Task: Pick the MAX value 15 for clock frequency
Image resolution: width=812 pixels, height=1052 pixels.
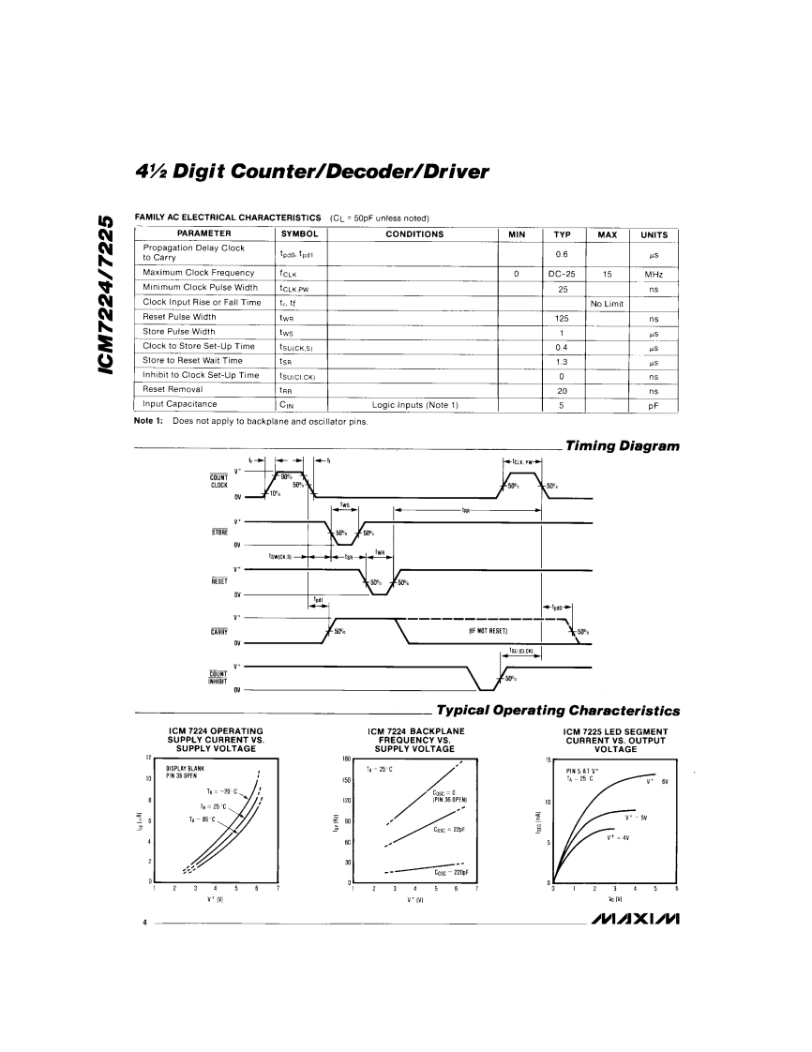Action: tap(607, 274)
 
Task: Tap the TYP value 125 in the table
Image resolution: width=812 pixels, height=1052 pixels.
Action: tap(563, 317)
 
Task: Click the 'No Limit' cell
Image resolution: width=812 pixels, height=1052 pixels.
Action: tap(607, 303)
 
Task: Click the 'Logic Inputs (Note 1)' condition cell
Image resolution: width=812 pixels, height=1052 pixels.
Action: tap(414, 404)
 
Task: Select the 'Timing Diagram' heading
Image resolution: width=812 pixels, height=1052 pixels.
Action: tap(621, 446)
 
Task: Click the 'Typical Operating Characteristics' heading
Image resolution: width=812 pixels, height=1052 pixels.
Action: tap(558, 711)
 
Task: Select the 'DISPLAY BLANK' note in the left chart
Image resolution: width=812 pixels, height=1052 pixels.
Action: tap(185, 768)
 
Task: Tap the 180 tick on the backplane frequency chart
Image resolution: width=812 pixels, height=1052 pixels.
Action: tap(345, 758)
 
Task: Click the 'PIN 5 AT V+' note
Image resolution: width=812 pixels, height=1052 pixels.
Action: tap(582, 771)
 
